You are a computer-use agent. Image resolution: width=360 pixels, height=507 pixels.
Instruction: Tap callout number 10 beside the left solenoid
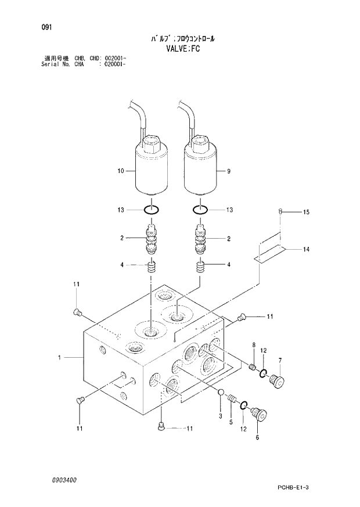121,171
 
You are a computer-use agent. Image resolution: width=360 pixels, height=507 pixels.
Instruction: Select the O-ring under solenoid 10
151,210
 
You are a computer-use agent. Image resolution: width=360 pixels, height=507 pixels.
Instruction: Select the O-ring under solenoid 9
200,210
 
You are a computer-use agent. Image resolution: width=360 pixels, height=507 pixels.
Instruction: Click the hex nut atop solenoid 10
151,142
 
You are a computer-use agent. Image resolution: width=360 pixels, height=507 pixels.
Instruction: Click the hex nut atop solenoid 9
200,142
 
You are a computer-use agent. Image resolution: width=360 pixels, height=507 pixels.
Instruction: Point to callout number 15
306,213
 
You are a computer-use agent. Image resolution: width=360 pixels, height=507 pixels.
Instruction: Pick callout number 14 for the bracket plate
306,249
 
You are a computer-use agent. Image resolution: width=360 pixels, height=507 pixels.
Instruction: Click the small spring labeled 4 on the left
151,268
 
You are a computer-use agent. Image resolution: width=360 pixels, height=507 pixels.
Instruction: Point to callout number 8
253,346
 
